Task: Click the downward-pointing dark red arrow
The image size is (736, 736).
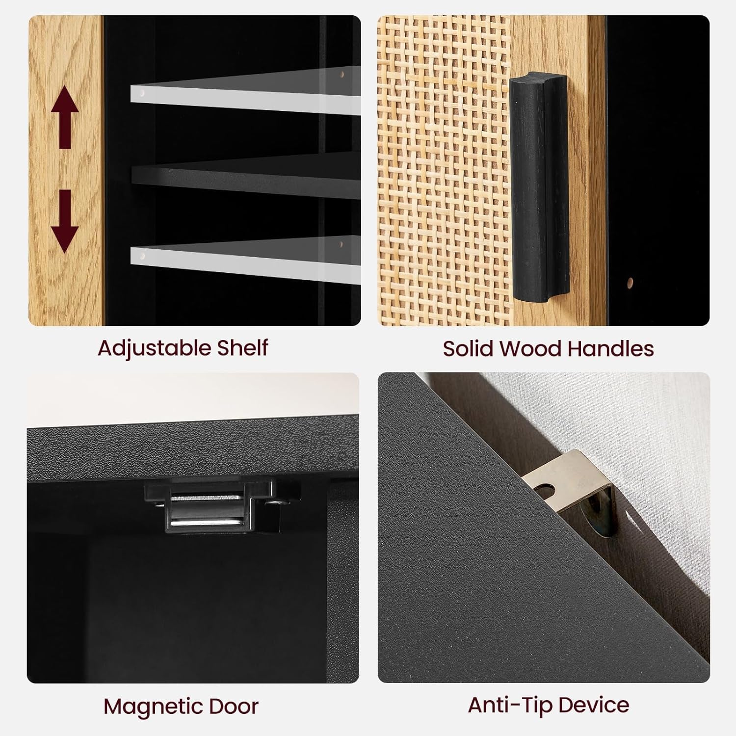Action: pyautogui.click(x=65, y=221)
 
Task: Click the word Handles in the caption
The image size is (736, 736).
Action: pyautogui.click(x=610, y=348)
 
